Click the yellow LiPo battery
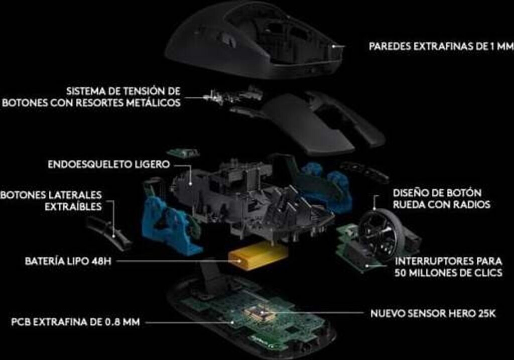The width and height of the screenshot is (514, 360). point(259,257)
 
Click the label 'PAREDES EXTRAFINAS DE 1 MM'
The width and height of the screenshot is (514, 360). point(441,46)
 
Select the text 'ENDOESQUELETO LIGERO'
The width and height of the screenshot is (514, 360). point(109,164)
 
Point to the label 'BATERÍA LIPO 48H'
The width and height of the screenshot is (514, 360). point(68,261)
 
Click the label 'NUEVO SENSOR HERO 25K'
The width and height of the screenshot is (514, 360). point(433,313)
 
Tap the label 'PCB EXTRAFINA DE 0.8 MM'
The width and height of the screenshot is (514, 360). point(75,322)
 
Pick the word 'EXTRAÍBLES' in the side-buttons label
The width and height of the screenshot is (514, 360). point(73,207)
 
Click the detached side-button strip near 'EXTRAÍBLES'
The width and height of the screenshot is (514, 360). point(108,233)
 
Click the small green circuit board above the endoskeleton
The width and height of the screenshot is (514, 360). point(183,153)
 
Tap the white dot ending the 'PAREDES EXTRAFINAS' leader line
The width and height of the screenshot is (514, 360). point(334,46)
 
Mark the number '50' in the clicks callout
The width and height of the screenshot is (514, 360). point(401,273)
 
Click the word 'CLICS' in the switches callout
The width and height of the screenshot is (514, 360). point(488,273)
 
